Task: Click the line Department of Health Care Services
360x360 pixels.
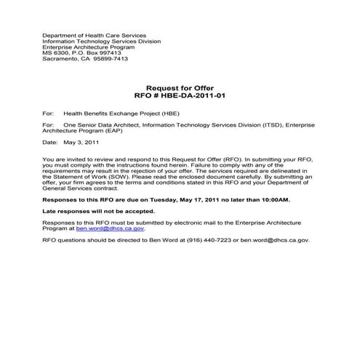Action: coord(94,35)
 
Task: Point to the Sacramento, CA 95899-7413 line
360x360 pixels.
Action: coord(85,58)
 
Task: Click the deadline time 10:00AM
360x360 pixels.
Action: coord(275,199)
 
